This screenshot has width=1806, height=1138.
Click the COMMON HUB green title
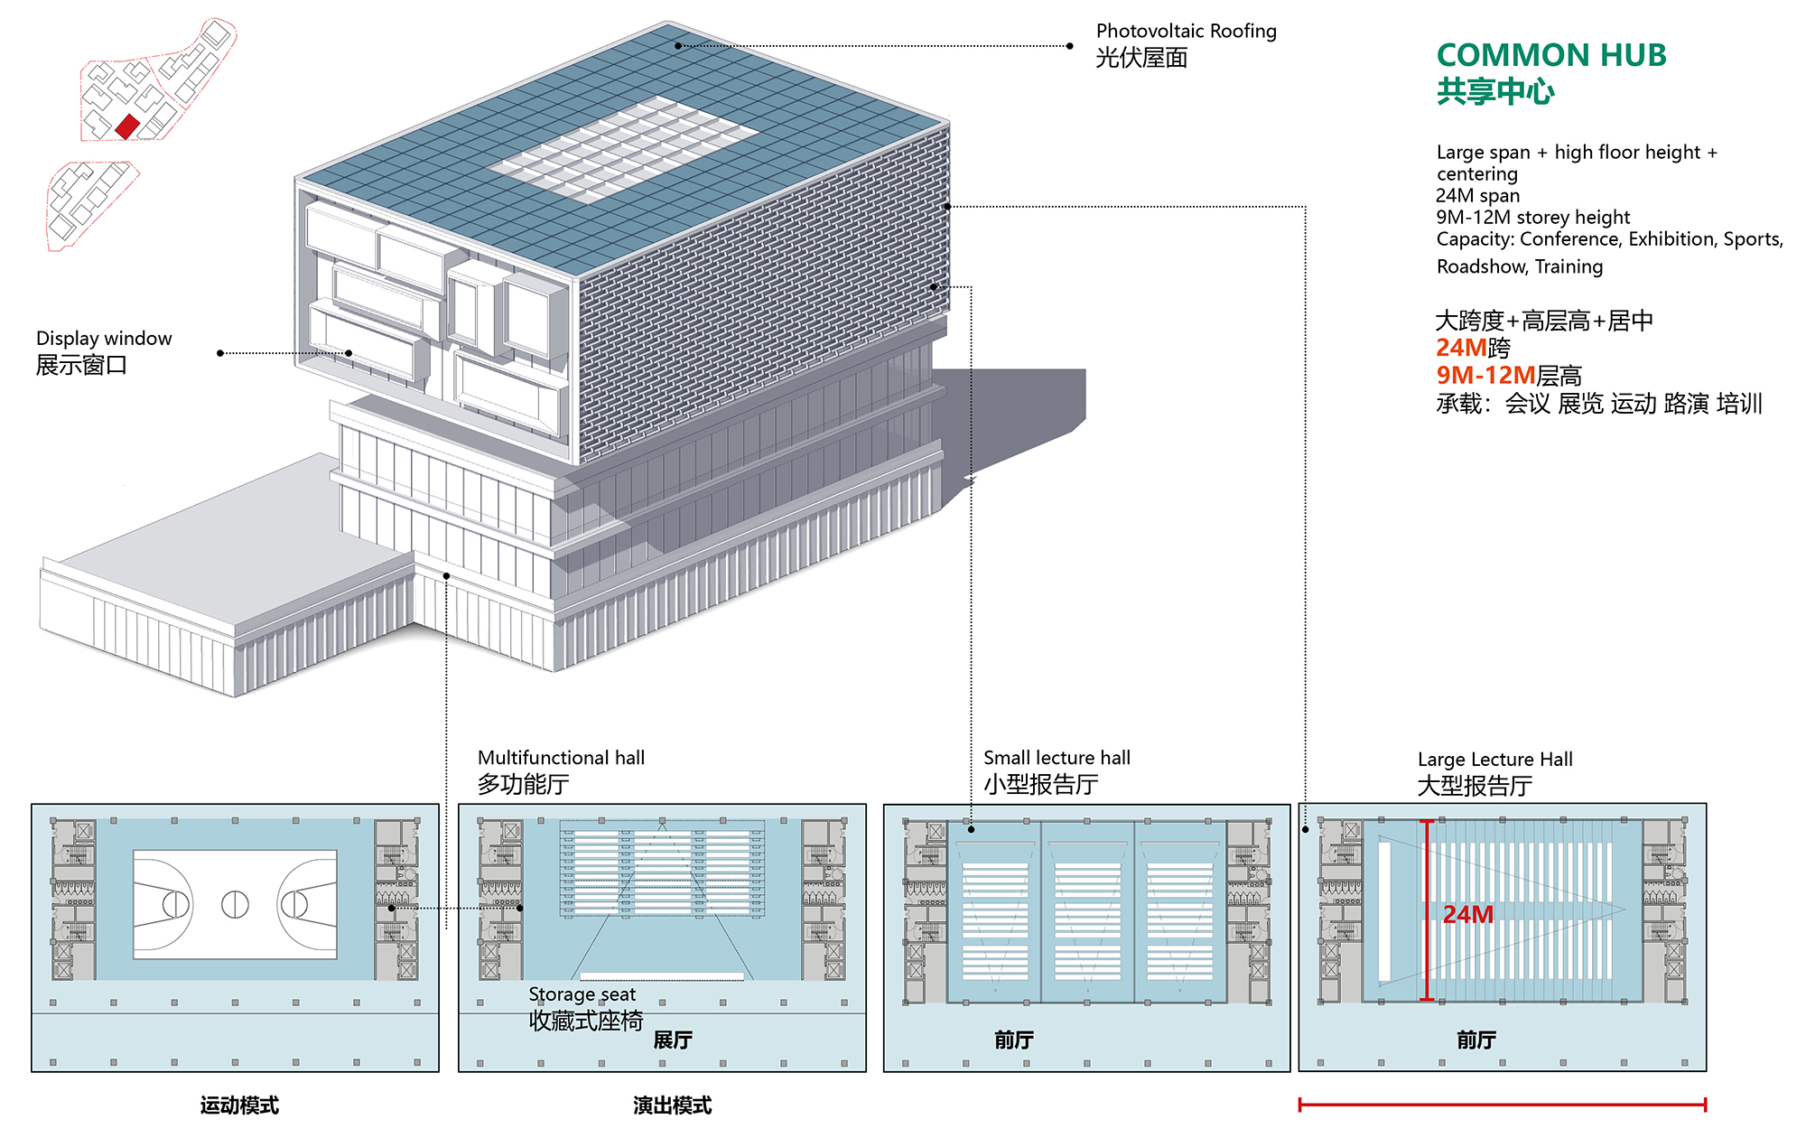click(x=1550, y=55)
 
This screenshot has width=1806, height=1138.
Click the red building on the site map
click(x=127, y=126)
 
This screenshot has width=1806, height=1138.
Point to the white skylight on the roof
click(x=623, y=149)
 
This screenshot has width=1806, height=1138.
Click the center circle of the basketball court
click(x=235, y=904)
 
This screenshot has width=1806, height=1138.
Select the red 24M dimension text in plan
click(x=1467, y=915)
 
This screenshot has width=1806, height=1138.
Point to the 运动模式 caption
click(x=239, y=1105)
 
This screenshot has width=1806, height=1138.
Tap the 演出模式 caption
click(x=672, y=1105)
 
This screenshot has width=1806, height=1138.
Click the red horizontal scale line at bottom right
click(x=1502, y=1105)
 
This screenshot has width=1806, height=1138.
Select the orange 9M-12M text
click(x=1485, y=376)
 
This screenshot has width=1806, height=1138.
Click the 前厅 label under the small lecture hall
click(x=1014, y=1040)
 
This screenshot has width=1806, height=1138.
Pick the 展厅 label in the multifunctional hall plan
click(x=673, y=1040)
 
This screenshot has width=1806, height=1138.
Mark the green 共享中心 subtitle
click(x=1495, y=92)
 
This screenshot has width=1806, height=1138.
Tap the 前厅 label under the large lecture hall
click(x=1476, y=1040)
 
